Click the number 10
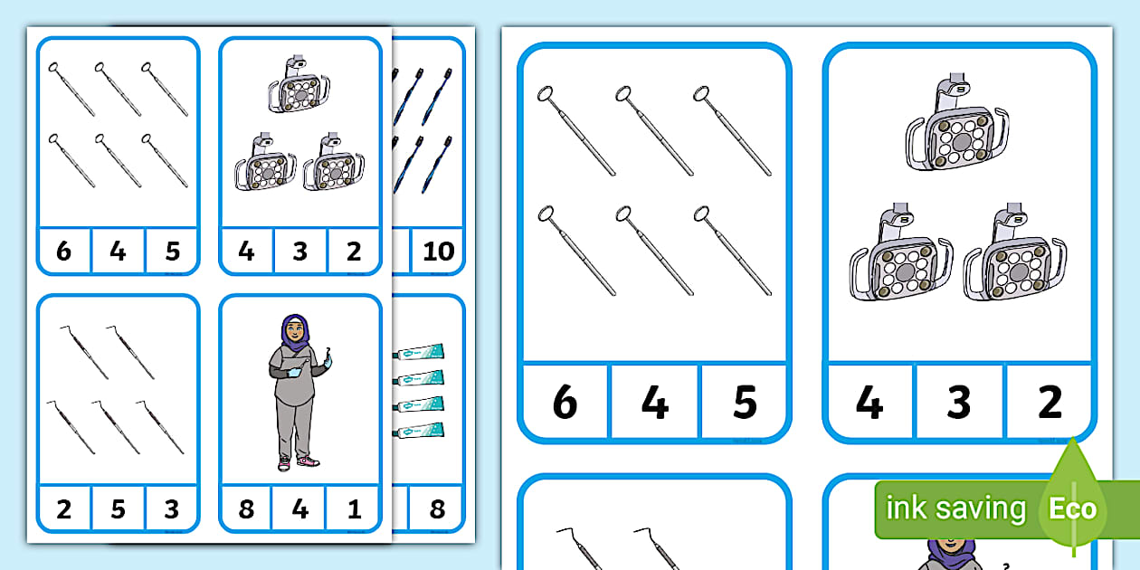[x=438, y=251]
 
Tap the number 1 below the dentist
[x=354, y=508]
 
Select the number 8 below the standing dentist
[x=246, y=508]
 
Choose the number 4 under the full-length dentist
[x=299, y=508]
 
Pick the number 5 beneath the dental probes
[x=118, y=508]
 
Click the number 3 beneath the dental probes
[x=171, y=508]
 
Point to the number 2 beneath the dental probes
[x=63, y=508]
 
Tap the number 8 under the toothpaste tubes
[x=437, y=508]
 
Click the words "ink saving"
[x=955, y=508]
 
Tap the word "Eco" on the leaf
[x=1072, y=508]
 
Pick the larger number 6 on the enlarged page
[x=564, y=402]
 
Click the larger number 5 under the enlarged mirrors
[x=745, y=402]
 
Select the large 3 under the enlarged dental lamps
[x=959, y=402]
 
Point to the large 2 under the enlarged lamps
[x=1050, y=402]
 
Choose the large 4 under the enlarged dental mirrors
[x=654, y=402]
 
